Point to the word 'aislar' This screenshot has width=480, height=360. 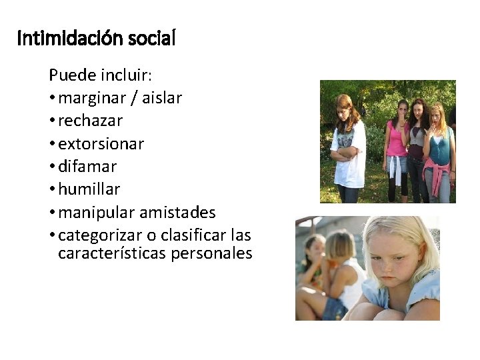[x=160, y=99]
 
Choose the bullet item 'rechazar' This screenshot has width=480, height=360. [x=91, y=121]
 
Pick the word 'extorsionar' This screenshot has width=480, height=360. [x=101, y=144]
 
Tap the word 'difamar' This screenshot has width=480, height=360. [x=87, y=167]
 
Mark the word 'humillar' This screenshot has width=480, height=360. [x=89, y=189]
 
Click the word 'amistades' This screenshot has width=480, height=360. [x=178, y=213]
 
